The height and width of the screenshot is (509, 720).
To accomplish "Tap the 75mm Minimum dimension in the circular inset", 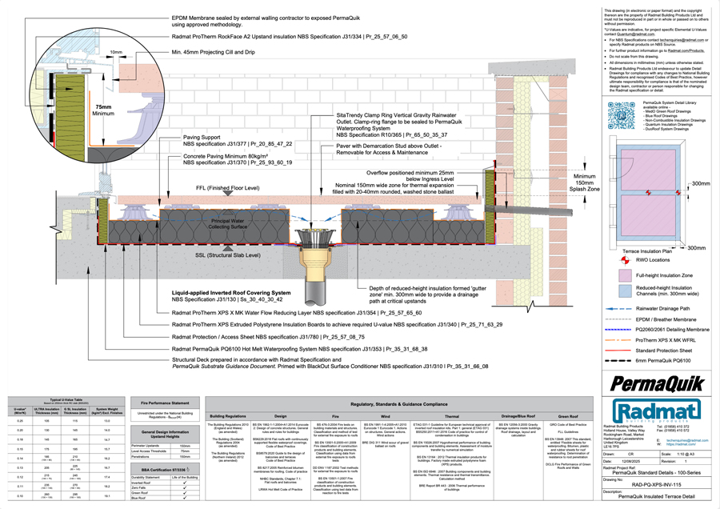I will [x=103, y=110].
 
